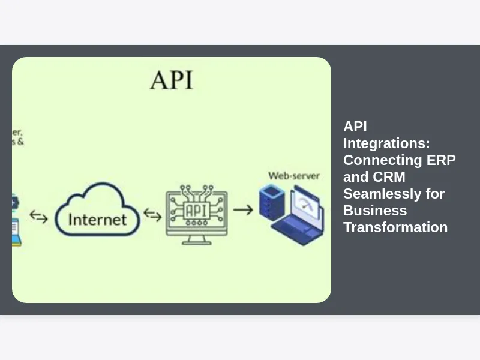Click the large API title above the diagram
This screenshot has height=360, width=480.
pyautogui.click(x=172, y=80)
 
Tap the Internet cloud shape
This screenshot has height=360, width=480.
pyautogui.click(x=97, y=209)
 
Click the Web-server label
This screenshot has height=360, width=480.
pyautogui.click(x=293, y=176)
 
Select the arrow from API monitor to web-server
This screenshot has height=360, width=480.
pyautogui.click(x=242, y=209)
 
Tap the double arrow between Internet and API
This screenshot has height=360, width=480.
pyautogui.click(x=152, y=215)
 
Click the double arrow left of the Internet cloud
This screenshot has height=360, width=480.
pyautogui.click(x=39, y=216)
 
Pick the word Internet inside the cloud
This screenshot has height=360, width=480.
pyautogui.click(x=97, y=219)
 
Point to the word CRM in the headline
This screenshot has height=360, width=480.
pyautogui.click(x=389, y=177)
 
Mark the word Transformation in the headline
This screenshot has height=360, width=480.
pyautogui.click(x=395, y=227)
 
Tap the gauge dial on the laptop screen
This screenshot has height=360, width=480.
pyautogui.click(x=307, y=204)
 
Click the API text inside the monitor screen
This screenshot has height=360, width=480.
pyautogui.click(x=197, y=211)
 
